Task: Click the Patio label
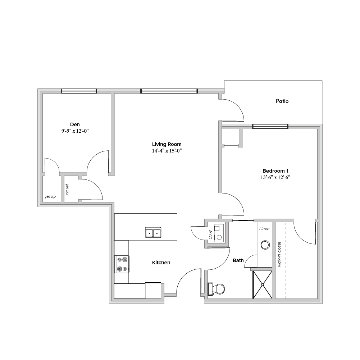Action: tap(282, 101)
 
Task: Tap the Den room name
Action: tap(75, 124)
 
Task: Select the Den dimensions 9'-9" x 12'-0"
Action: tap(75, 131)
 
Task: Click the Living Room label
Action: tap(167, 144)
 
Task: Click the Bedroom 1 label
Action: tap(275, 171)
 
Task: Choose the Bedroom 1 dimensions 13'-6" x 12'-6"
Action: tap(275, 177)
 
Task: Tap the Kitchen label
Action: tap(161, 263)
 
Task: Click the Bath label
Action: tap(238, 260)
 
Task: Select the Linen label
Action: tap(264, 229)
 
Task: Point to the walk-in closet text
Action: tap(279, 254)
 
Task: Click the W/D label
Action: tap(210, 234)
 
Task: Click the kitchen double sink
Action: tap(153, 232)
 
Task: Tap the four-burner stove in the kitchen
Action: tap(122, 264)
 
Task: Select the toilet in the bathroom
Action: tap(216, 289)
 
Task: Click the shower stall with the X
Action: tap(263, 285)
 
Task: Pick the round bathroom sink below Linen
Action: tap(265, 245)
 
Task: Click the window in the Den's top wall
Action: tap(79, 91)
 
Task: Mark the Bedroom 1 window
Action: tap(270, 127)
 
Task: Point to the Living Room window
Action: tap(169, 91)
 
